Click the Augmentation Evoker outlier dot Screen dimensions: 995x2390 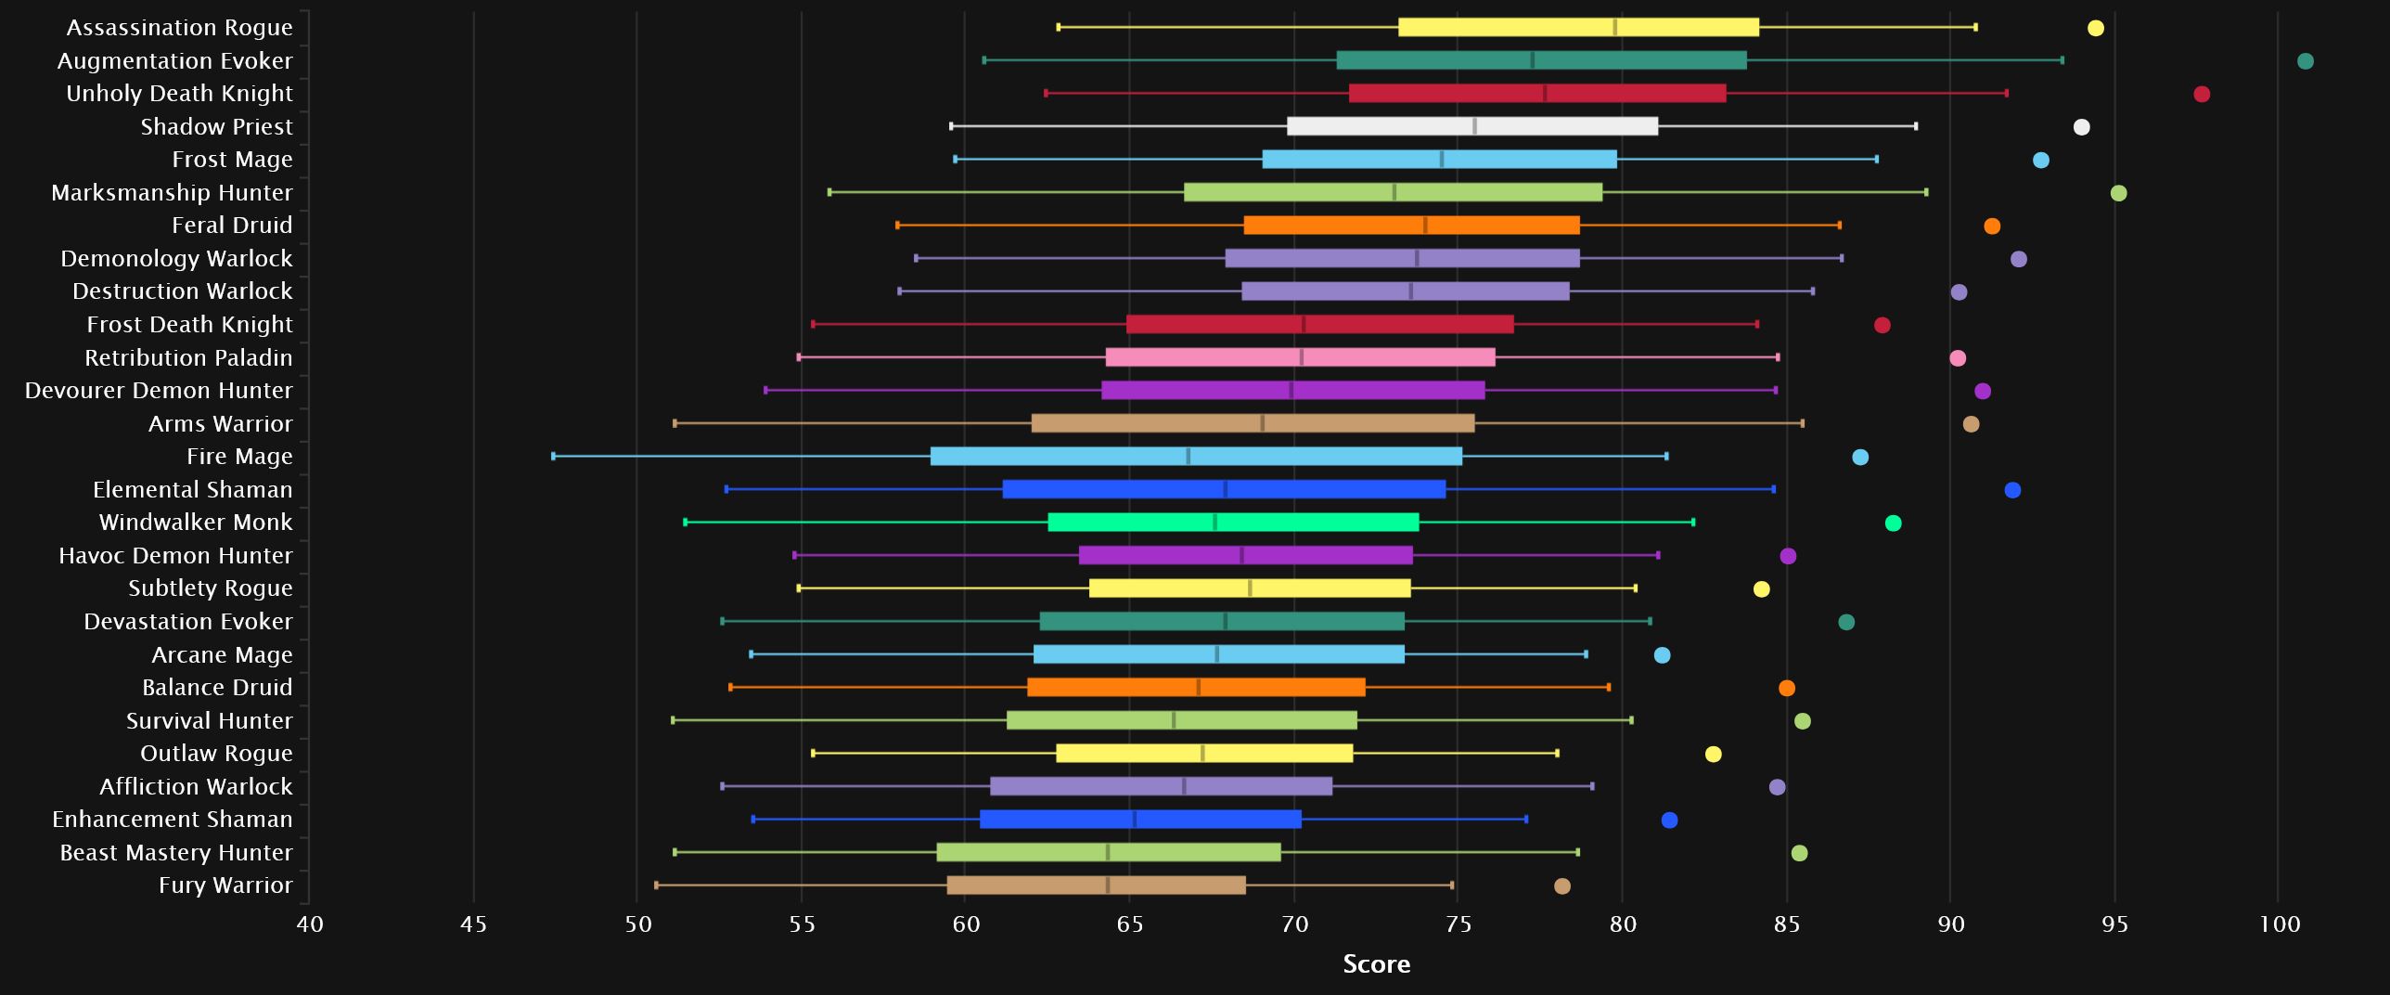click(2305, 61)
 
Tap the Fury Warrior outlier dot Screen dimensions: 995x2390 click(1561, 886)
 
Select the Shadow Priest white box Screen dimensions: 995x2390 click(1471, 126)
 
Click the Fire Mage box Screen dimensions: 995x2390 click(1196, 457)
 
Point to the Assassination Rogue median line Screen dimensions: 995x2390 click(1615, 28)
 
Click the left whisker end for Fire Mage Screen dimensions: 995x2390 click(554, 457)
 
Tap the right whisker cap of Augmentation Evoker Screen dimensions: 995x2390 click(2062, 60)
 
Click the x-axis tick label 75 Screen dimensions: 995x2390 click(1458, 924)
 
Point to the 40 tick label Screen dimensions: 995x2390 click(310, 924)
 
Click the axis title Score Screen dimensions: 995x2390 click(1376, 964)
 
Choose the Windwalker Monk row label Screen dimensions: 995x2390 click(196, 523)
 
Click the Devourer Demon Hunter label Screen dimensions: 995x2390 click(159, 391)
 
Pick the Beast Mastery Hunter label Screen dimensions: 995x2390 click(176, 853)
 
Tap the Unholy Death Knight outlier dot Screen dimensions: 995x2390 click(2201, 94)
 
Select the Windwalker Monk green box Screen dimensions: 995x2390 click(1233, 523)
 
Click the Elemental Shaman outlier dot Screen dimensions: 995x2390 click(2011, 490)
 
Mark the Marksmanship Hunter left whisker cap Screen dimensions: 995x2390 click(829, 192)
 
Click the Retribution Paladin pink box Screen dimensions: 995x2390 click(1300, 357)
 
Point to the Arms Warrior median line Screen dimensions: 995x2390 click(1262, 423)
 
